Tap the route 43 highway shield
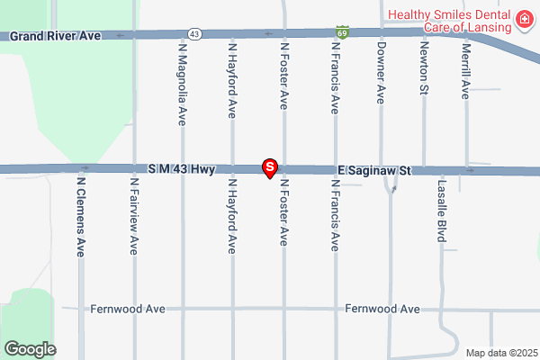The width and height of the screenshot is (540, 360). (x=195, y=33)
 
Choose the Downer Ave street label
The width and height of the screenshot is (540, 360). (x=382, y=72)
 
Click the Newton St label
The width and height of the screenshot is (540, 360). (x=423, y=68)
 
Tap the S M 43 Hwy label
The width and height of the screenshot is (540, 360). (x=181, y=169)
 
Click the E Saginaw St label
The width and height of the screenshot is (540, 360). (x=374, y=169)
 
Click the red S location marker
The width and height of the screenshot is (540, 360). (x=268, y=167)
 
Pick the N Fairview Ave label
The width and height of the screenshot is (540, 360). (x=134, y=216)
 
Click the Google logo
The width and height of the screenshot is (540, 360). (x=31, y=348)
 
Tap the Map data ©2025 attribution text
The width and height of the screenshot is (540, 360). (x=499, y=353)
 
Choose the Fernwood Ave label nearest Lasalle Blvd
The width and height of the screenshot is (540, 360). (x=383, y=309)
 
